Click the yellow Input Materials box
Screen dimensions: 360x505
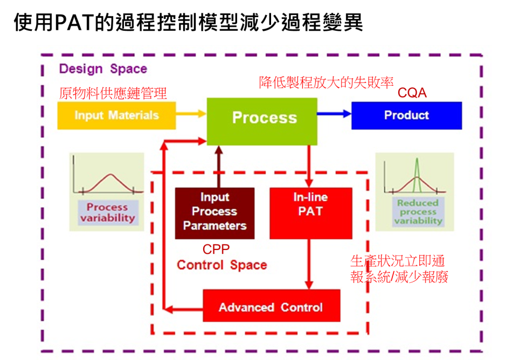point(116,115)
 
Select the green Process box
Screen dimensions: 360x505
point(262,118)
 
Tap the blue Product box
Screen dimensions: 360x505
point(406,115)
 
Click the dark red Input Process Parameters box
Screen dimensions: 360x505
point(215,212)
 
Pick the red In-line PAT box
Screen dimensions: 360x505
point(310,212)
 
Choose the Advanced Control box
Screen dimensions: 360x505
point(271,307)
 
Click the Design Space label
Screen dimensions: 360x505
point(103,69)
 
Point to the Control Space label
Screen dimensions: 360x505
point(222,265)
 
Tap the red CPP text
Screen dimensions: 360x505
point(216,250)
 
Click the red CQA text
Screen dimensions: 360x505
point(412,93)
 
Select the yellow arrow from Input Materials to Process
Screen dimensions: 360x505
point(191,114)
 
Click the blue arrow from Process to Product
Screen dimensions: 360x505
point(334,114)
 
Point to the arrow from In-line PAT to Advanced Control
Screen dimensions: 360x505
point(309,264)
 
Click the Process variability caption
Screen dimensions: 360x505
point(107,212)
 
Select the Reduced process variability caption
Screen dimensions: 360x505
point(417,212)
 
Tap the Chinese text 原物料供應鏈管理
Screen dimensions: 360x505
point(113,93)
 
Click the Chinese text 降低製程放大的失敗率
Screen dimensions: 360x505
point(326,82)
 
